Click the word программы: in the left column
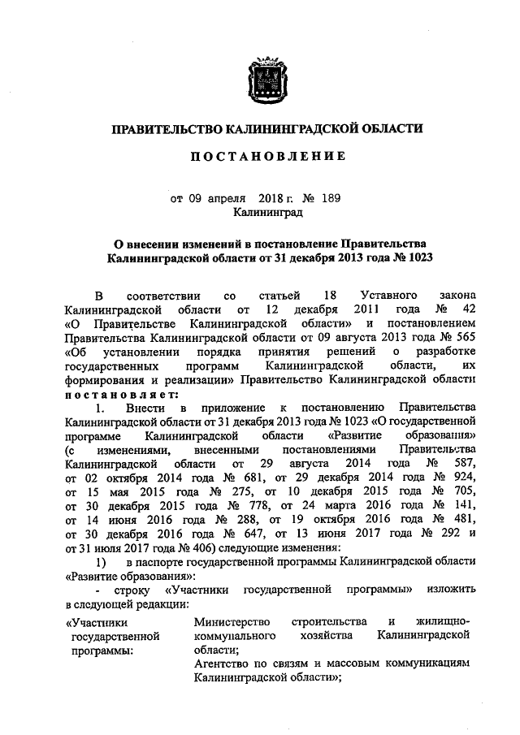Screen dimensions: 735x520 click(102, 650)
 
